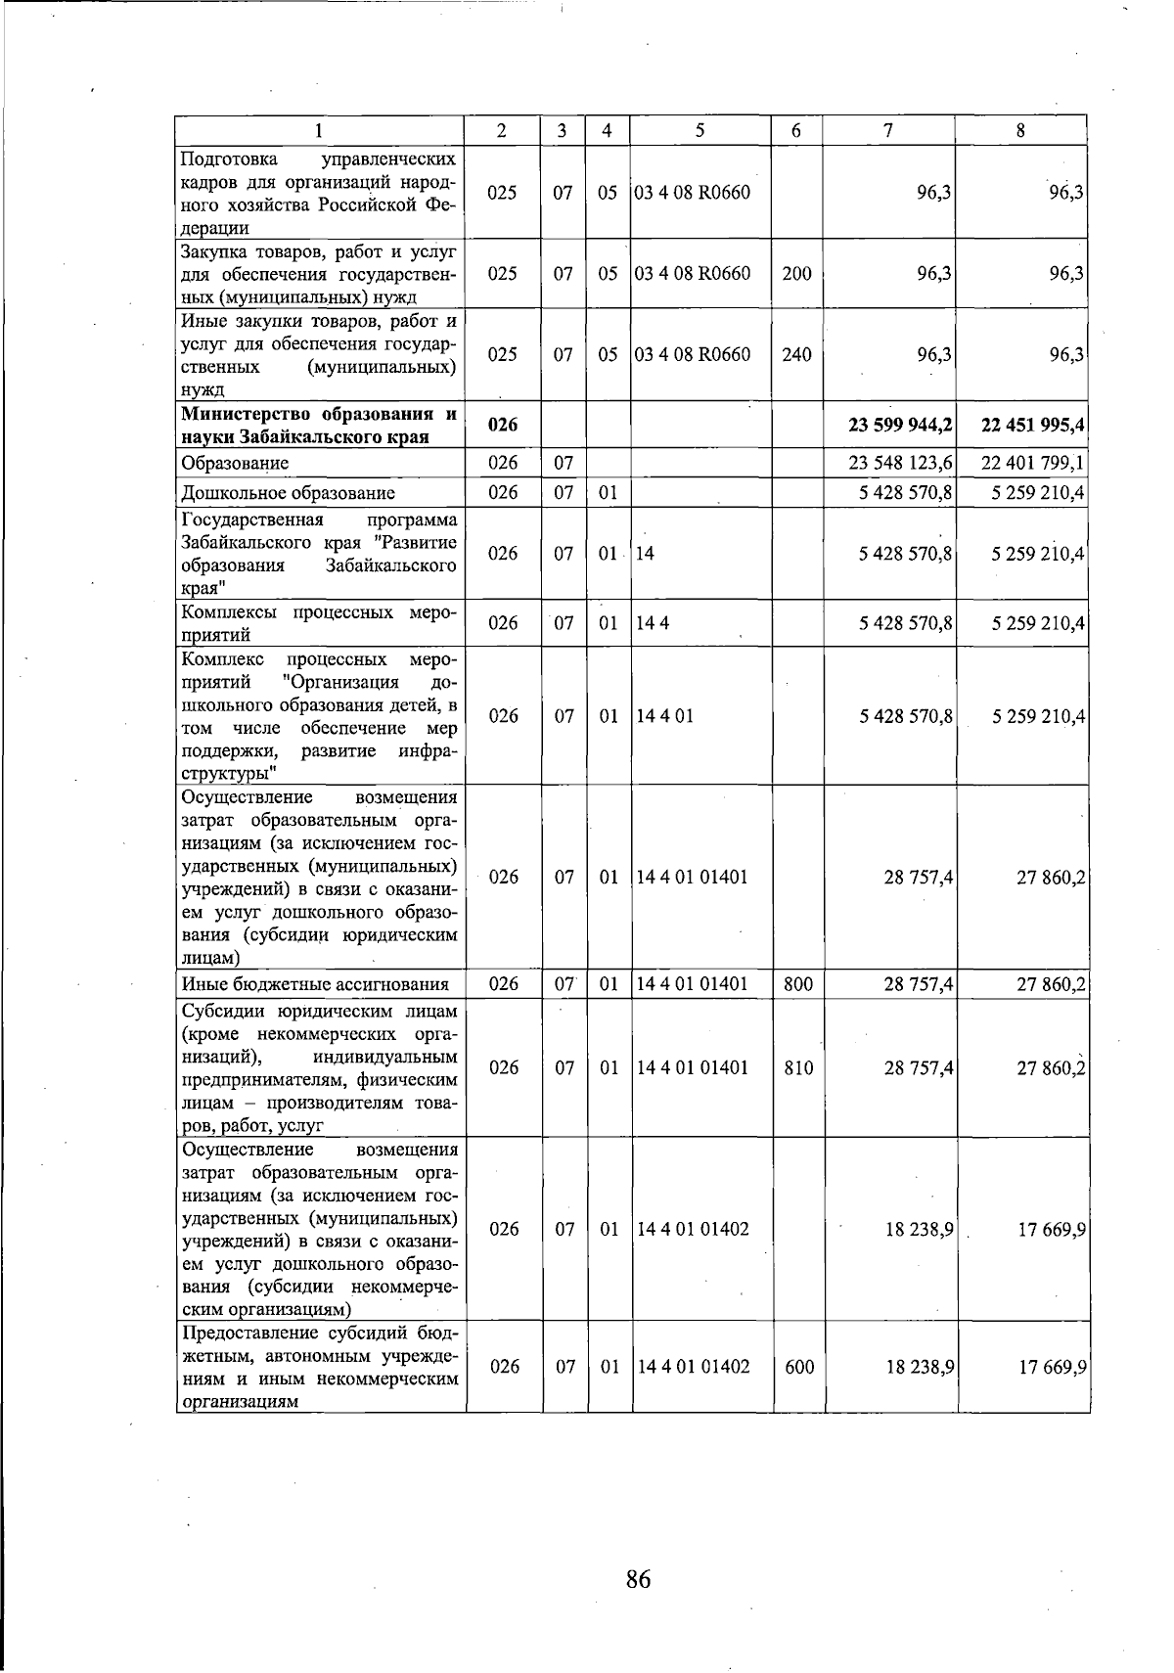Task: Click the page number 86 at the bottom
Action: point(638,1578)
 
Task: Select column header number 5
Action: point(700,130)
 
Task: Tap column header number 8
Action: point(1020,130)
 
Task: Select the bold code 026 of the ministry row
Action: point(502,425)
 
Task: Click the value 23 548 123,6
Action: point(901,463)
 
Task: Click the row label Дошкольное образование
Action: point(289,493)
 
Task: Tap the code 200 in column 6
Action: point(796,274)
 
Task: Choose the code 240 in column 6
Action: point(796,354)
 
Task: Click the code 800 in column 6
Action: point(798,984)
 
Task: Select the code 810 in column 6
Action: point(798,1067)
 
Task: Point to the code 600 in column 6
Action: point(798,1367)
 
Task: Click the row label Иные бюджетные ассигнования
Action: point(315,984)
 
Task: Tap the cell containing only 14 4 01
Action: point(665,716)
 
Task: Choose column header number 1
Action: point(320,130)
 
